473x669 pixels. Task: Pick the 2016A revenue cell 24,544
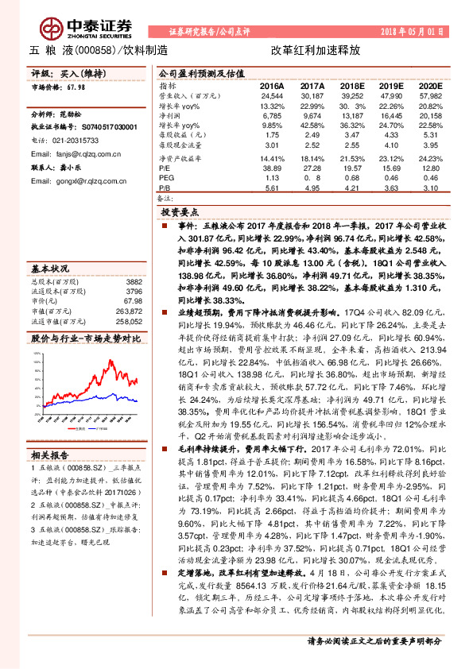click(272, 95)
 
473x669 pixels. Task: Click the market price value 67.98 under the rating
click(76, 88)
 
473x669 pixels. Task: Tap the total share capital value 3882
click(134, 281)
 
